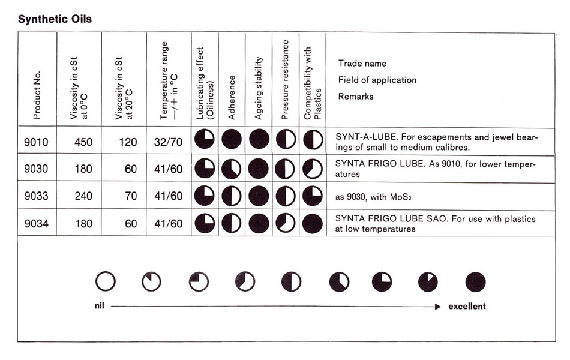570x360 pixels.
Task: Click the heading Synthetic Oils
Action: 55,19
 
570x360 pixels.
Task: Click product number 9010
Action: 36,142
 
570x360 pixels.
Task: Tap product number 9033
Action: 36,196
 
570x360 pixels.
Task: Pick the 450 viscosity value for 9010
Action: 83,142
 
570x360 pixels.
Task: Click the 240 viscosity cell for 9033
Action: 83,196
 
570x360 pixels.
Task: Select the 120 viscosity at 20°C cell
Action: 126,142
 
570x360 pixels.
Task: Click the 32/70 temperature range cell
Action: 168,142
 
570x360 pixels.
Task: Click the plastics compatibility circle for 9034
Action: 313,223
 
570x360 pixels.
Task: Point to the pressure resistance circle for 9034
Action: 286,223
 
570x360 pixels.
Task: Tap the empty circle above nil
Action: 106,281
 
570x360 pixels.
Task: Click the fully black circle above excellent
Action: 475,281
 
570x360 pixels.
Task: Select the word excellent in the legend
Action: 467,306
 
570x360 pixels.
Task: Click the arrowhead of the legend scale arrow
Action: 438,306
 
